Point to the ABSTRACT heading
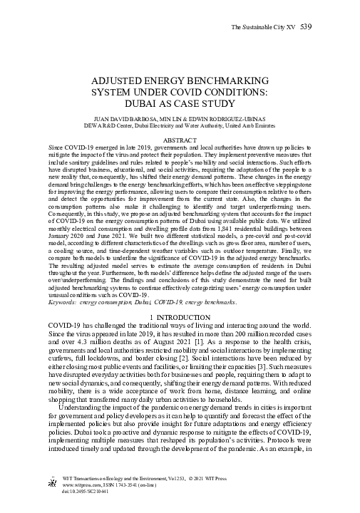coord(180,141)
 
